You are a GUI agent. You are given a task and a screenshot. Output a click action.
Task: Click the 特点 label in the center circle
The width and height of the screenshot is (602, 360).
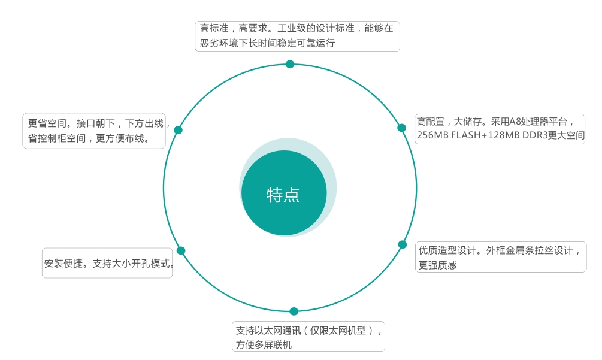click(x=283, y=195)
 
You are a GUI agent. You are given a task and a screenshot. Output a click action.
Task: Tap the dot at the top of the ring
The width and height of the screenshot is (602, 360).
click(x=290, y=64)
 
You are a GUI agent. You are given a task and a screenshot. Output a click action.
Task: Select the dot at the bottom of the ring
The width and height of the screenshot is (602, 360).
click(x=294, y=311)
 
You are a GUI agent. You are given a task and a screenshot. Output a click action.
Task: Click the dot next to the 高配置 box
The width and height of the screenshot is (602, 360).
click(x=401, y=128)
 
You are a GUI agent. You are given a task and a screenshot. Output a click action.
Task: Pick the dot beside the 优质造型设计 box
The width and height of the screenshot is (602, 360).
click(x=403, y=244)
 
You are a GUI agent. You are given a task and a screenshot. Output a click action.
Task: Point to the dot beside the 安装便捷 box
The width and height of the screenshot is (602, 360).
click(x=181, y=250)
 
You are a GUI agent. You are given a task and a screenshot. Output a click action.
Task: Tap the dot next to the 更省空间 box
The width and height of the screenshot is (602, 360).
click(x=178, y=130)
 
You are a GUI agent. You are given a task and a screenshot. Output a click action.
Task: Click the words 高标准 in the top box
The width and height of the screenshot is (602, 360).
click(x=214, y=28)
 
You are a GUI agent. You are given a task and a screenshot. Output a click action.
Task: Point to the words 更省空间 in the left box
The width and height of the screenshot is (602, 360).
click(x=47, y=123)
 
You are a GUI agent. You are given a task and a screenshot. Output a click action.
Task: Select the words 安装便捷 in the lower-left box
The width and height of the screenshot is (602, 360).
click(x=63, y=264)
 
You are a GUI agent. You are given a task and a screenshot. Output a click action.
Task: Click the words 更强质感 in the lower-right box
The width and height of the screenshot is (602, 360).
click(x=438, y=265)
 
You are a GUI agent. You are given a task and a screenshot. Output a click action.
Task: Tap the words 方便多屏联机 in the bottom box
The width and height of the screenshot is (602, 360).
click(x=264, y=345)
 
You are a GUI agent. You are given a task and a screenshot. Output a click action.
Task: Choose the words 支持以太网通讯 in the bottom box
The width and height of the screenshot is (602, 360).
click(x=268, y=331)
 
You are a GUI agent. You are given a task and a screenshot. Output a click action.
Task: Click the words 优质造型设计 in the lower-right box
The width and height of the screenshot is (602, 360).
click(x=447, y=250)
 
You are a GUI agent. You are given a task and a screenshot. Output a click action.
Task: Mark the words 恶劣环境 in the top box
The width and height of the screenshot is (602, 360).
click(x=219, y=43)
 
